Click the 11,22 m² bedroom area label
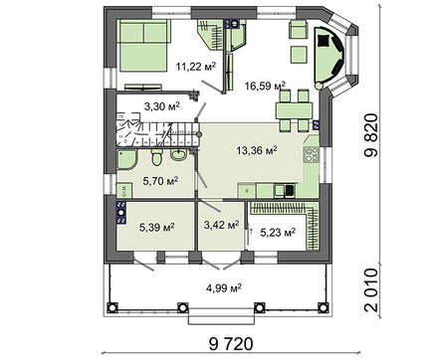click(x=196, y=67)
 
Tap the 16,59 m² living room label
click(x=265, y=86)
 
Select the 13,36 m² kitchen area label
click(x=257, y=150)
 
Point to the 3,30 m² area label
click(x=161, y=106)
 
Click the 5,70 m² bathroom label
click(x=160, y=181)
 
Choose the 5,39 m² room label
click(x=157, y=228)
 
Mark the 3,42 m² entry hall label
click(x=222, y=225)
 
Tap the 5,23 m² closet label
click(x=278, y=233)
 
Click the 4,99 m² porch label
click(x=223, y=287)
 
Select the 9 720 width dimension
click(x=231, y=344)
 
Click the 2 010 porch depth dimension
click(x=371, y=289)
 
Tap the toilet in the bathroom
click(x=156, y=157)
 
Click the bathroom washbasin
click(x=179, y=154)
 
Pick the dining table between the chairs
click(x=294, y=110)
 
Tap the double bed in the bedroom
click(x=143, y=45)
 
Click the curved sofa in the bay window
click(x=329, y=55)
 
